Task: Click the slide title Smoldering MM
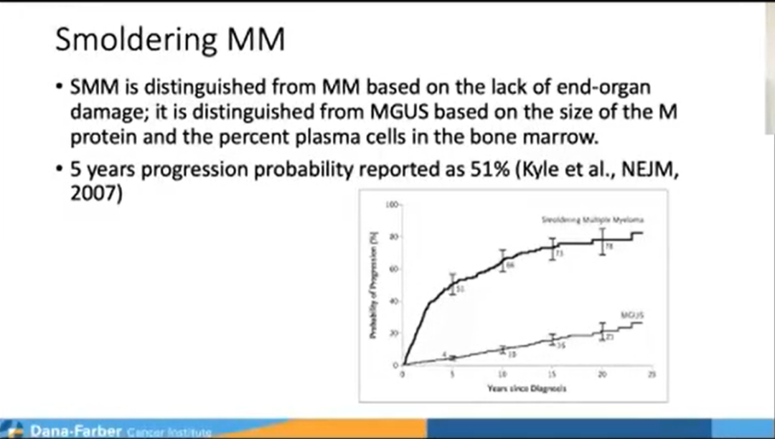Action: (170, 40)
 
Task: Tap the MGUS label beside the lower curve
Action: (630, 313)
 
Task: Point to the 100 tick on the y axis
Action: (393, 204)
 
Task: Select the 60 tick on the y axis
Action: (394, 269)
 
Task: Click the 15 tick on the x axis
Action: (552, 374)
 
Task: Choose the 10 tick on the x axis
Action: (502, 374)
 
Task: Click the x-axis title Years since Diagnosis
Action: (517, 390)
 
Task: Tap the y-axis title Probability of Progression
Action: (374, 287)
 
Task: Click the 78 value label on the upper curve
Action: (609, 246)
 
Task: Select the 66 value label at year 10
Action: (511, 265)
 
